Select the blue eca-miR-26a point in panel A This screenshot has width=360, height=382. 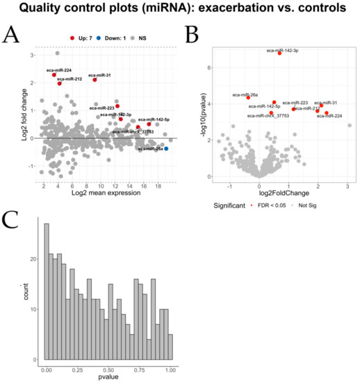click(166, 149)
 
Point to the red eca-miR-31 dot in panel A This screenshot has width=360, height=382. click(95, 80)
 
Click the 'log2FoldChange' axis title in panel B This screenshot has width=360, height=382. click(278, 192)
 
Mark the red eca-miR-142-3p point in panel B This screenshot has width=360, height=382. click(280, 53)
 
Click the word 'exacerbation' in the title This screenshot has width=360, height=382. click(218, 10)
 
